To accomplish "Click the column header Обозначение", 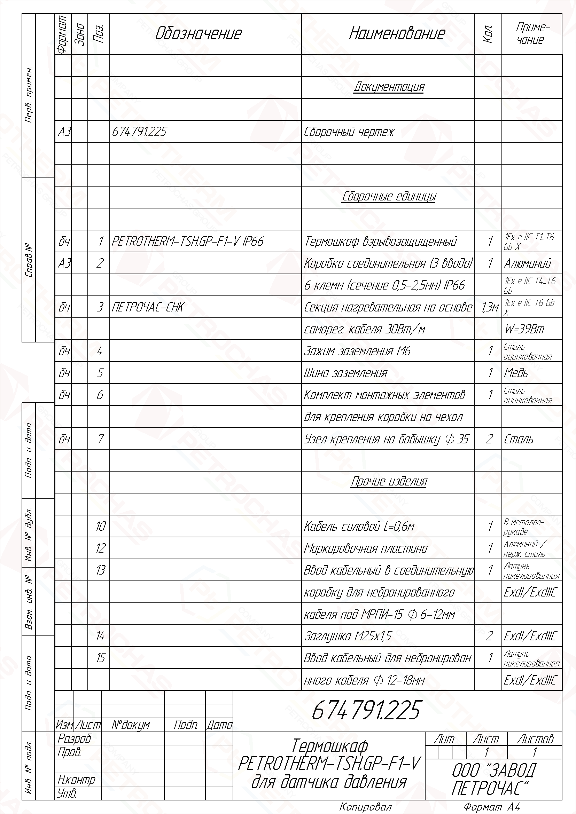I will (x=198, y=34).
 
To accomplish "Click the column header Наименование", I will (x=397, y=34).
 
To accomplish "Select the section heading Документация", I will (x=389, y=87).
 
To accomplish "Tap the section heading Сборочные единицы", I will (x=389, y=197).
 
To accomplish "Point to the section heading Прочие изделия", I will (x=389, y=481).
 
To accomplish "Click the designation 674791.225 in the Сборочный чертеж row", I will (x=139, y=132).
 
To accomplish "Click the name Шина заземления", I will (x=345, y=373).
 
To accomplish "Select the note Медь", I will (x=516, y=373).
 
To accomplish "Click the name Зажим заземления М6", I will (x=357, y=351).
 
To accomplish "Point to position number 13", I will (x=100, y=570).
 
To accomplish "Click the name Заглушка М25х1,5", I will (x=348, y=636).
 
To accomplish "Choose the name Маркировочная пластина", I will (x=365, y=548).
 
